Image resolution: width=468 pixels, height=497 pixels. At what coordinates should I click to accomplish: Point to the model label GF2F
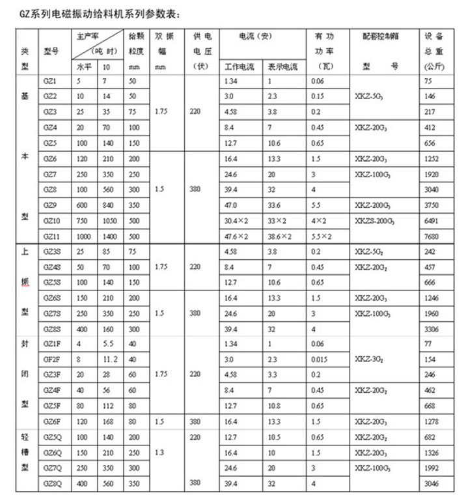[51, 358]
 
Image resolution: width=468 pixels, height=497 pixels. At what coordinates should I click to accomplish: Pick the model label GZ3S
[52, 251]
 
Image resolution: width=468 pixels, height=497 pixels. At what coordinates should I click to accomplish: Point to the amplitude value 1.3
[162, 452]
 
